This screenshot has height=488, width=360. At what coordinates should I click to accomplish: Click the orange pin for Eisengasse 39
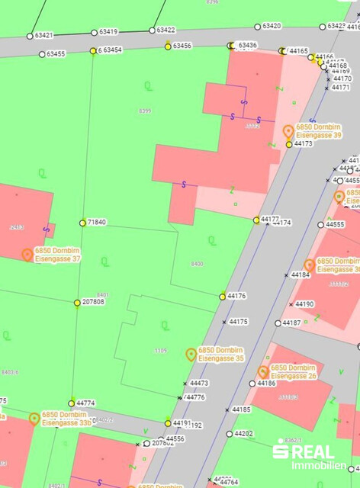tap(288, 131)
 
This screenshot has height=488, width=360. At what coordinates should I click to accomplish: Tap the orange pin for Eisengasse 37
tap(27, 255)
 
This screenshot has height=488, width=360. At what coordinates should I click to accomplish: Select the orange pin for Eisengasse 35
tap(191, 354)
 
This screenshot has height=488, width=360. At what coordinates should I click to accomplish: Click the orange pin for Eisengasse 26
tap(263, 371)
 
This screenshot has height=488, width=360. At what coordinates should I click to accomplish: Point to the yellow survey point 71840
tap(82, 223)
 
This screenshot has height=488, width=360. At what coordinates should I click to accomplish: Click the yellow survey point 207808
tap(77, 303)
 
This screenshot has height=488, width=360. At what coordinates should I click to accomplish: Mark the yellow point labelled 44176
tap(223, 297)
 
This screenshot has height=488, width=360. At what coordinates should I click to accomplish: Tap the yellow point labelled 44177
tap(256, 220)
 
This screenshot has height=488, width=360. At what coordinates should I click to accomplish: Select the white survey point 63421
tap(30, 36)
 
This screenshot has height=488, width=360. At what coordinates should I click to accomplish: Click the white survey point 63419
tap(94, 33)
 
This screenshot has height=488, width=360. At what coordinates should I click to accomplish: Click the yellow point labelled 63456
tap(168, 47)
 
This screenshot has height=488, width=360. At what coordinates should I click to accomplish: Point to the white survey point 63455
tap(41, 55)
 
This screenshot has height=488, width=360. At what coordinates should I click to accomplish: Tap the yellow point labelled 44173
tap(289, 144)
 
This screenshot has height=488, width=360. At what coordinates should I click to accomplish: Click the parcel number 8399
tap(145, 111)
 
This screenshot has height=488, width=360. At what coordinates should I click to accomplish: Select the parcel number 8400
tap(198, 264)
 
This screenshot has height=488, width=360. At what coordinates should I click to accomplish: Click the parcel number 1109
tap(159, 351)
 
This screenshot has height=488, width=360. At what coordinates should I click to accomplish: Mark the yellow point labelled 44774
tap(72, 403)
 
